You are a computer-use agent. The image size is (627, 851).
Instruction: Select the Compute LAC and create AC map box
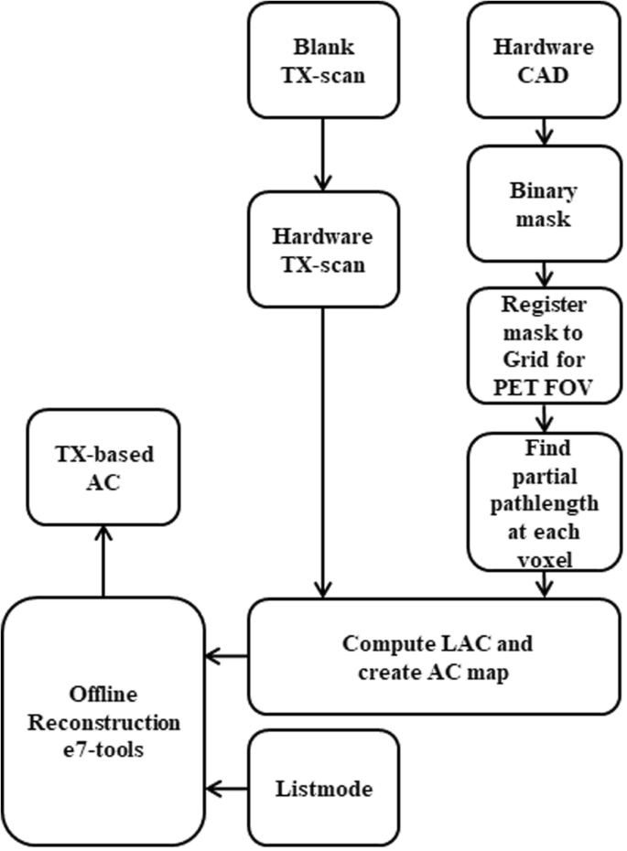coord(437,656)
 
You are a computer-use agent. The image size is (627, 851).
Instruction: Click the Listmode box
coord(323,787)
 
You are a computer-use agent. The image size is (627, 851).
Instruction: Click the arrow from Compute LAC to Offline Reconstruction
coord(227,656)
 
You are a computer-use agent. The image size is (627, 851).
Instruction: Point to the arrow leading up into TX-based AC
coord(103,562)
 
